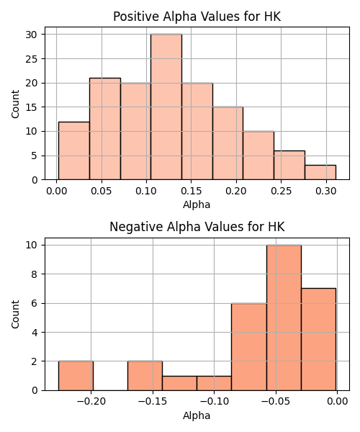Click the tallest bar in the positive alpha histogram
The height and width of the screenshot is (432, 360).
[166, 107]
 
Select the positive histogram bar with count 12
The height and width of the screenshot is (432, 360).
[74, 150]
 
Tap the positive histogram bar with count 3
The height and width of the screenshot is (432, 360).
[320, 173]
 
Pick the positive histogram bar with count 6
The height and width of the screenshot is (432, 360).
[289, 166]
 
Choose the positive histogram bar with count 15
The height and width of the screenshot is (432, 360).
[228, 143]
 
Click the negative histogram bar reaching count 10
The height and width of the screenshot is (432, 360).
[284, 318]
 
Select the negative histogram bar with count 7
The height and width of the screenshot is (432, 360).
[319, 339]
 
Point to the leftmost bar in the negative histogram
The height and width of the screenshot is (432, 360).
[76, 376]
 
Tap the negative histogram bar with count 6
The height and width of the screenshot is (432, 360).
[249, 347]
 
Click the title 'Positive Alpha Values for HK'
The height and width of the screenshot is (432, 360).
[197, 17]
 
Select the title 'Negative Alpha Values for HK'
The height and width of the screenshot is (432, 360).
[197, 227]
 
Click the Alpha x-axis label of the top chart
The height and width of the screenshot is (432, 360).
[197, 204]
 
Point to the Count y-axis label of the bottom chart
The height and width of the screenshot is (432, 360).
[15, 315]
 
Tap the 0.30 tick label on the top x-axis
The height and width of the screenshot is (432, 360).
[326, 191]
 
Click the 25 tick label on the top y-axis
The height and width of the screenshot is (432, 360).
[32, 59]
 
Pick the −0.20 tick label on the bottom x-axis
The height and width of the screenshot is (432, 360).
[91, 402]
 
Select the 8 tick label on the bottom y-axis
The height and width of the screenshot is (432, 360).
[35, 274]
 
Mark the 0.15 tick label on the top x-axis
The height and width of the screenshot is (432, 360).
[191, 191]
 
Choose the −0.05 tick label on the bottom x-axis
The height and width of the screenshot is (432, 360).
[276, 402]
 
